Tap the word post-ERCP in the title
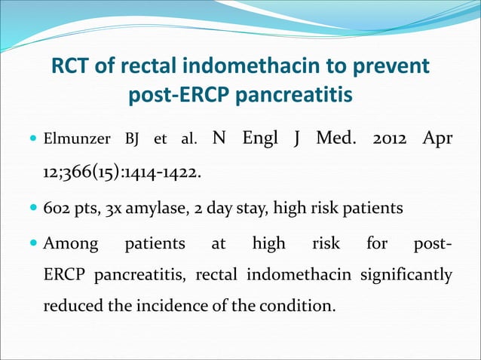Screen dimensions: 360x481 pos(173,96)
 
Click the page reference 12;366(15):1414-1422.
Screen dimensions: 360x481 pos(122,174)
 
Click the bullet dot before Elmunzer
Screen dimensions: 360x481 pos(34,140)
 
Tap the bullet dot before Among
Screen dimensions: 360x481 pos(34,244)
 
